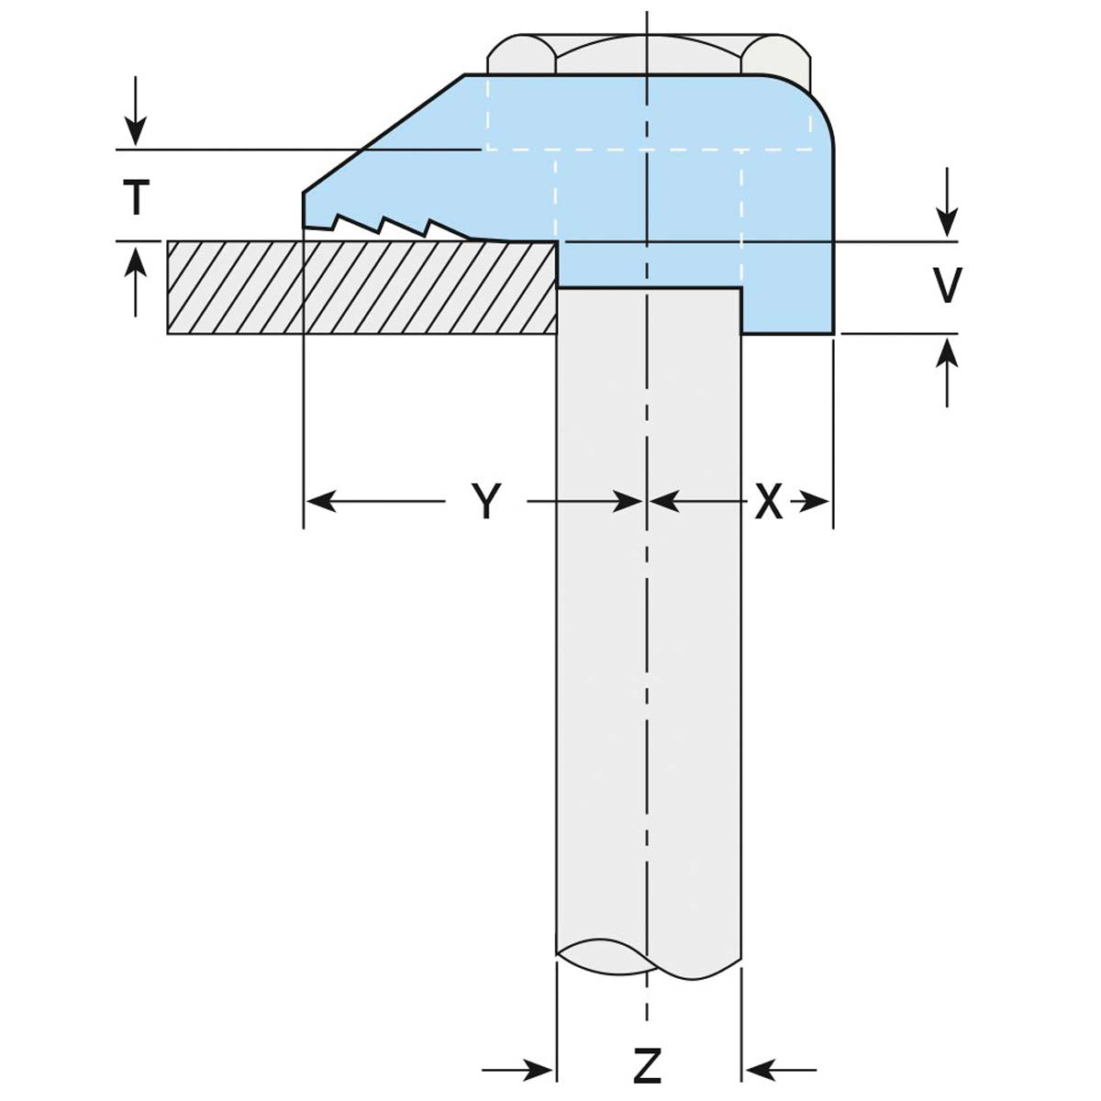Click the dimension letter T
(136, 197)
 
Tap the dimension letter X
(769, 502)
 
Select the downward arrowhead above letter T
(136, 133)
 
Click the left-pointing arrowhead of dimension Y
(317, 501)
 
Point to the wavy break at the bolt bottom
(648, 959)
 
